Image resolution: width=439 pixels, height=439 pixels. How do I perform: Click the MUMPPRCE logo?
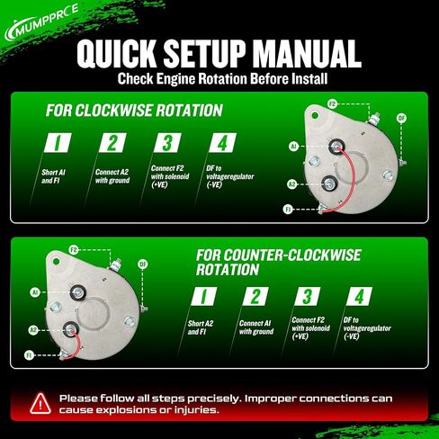pos(41,22)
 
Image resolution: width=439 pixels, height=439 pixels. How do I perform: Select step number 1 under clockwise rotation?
pos(58,143)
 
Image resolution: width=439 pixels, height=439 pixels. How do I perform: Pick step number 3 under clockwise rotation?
pos(167,143)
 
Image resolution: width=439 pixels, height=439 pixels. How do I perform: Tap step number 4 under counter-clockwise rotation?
pos(359,296)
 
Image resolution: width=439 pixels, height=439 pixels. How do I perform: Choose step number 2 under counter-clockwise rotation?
pos(255,296)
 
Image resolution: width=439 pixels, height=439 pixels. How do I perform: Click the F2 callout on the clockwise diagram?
pos(332,104)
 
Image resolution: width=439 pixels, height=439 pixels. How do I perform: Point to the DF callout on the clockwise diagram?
pos(401,118)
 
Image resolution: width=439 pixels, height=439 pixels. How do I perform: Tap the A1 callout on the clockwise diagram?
pos(293,147)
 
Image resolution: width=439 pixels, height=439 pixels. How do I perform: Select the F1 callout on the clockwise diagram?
pos(288,209)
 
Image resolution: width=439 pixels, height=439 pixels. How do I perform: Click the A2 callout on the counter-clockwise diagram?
pos(33,330)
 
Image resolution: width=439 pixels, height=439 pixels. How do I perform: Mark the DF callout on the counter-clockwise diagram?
pos(143,264)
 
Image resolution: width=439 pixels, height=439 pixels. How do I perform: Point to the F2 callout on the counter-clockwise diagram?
pos(74,249)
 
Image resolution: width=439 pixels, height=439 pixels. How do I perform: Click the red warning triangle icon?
pos(40,404)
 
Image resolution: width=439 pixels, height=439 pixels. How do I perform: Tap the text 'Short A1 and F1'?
pos(53,176)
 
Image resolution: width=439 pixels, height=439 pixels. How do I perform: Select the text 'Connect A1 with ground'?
pos(256,327)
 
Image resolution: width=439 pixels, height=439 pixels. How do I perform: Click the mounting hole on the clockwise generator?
pos(315,115)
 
